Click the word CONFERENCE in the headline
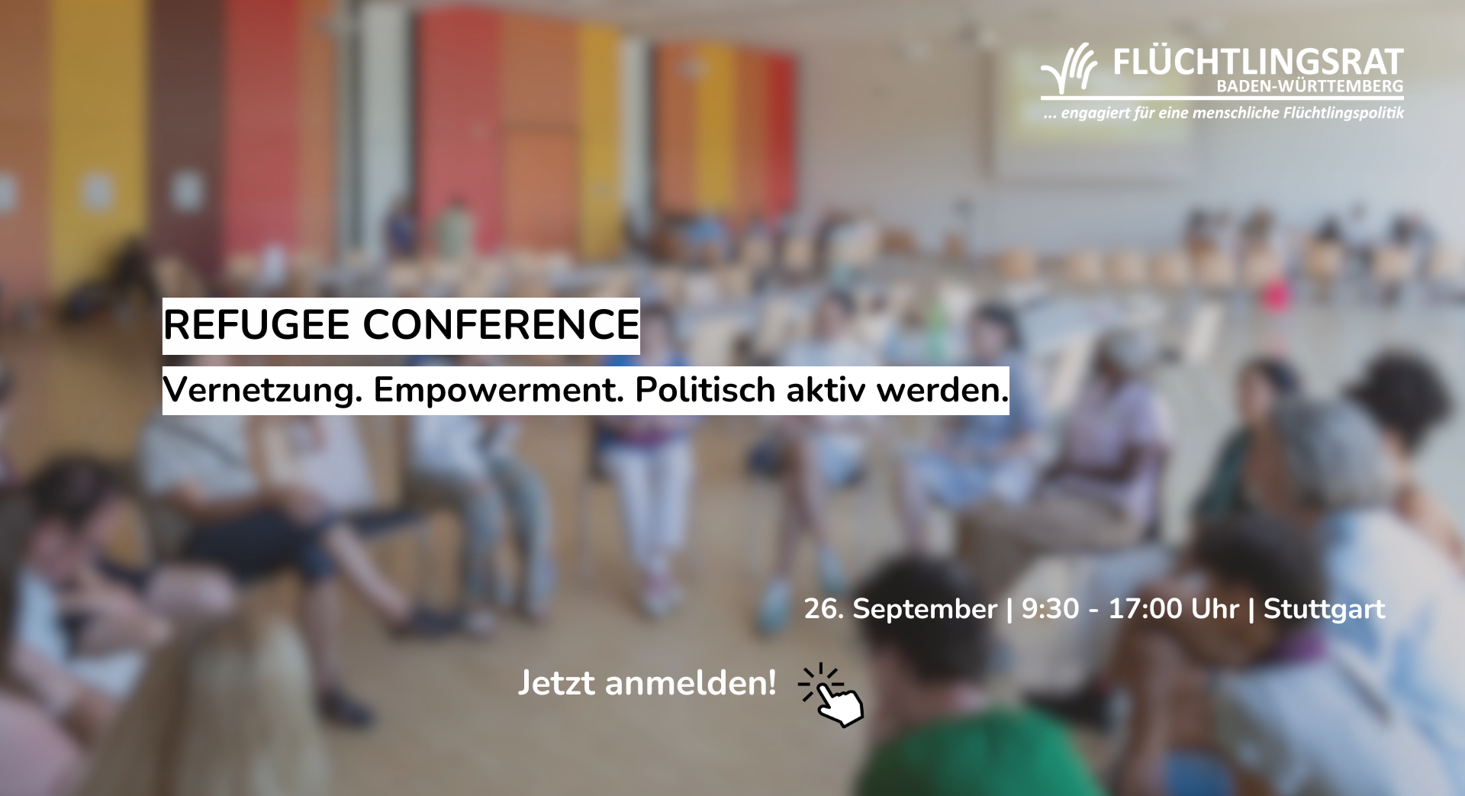point(501,325)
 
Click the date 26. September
point(900,609)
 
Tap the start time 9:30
point(1051,609)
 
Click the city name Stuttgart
point(1324,610)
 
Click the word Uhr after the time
point(1215,609)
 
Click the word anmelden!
point(691,682)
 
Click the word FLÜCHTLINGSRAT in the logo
point(1258,63)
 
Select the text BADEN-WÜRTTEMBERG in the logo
point(1310,86)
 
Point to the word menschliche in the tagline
point(1235,113)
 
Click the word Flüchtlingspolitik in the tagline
point(1344,114)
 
